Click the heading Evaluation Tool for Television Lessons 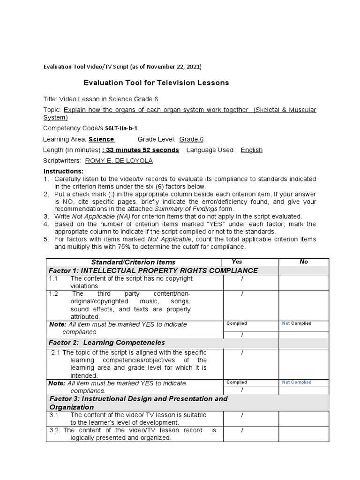(156, 83)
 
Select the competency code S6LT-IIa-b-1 (118, 128)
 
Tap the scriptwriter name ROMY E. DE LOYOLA (119, 161)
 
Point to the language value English (252, 150)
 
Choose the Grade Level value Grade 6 (191, 139)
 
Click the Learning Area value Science (101, 139)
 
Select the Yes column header (237, 262)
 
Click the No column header (304, 262)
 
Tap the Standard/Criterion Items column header (133, 262)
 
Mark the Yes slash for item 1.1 (242, 279)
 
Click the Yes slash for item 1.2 (242, 294)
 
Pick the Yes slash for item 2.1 (242, 352)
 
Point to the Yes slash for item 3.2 (242, 430)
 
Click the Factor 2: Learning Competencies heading (107, 343)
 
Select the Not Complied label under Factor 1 (296, 323)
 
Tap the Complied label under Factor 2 (236, 382)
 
